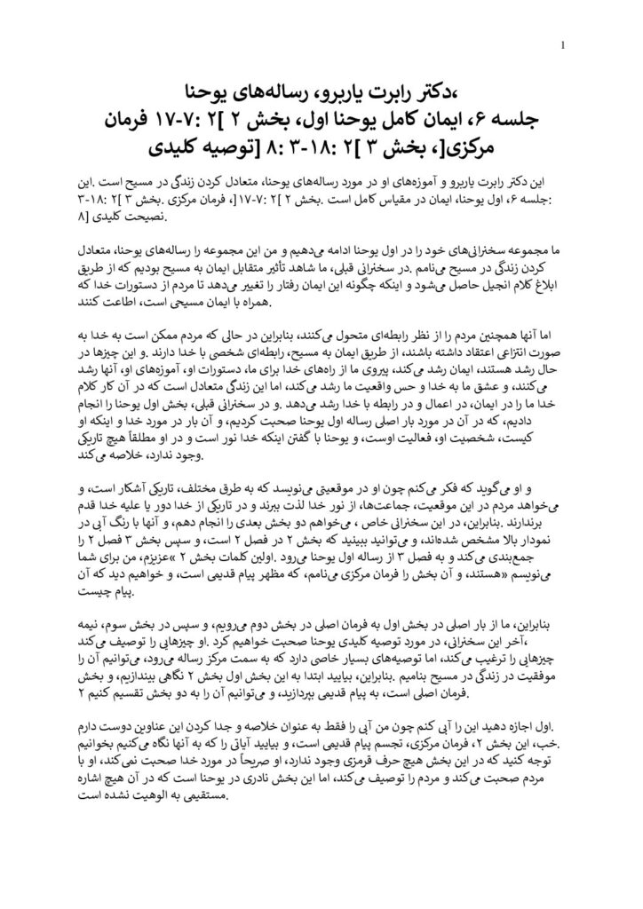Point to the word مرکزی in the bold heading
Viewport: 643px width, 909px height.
(524, 146)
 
